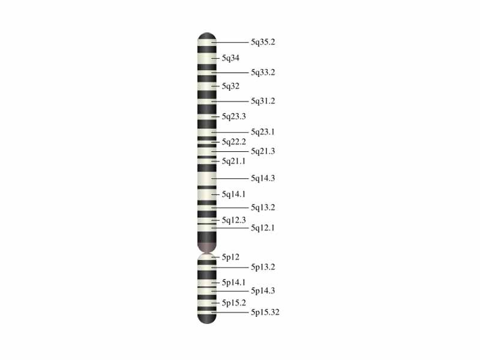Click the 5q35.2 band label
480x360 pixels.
[263, 43]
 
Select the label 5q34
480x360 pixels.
[230, 58]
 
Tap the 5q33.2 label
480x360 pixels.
[263, 73]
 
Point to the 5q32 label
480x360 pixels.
[230, 86]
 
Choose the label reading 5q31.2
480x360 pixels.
[263, 101]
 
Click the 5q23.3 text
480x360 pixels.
[234, 116]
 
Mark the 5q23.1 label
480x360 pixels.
[263, 132]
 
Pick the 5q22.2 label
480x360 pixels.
[234, 142]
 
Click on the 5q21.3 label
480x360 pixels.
[263, 151]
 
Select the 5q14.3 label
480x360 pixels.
[263, 179]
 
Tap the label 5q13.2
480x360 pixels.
[263, 208]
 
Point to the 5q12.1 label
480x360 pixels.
[263, 228]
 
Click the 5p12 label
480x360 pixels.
[230, 257]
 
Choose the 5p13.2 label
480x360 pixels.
[263, 267]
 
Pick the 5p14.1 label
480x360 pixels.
[234, 283]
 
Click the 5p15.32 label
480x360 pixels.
[265, 313]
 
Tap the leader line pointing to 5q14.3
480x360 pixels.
[230, 179]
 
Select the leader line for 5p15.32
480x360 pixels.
[230, 313]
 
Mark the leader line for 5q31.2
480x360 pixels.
[230, 101]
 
